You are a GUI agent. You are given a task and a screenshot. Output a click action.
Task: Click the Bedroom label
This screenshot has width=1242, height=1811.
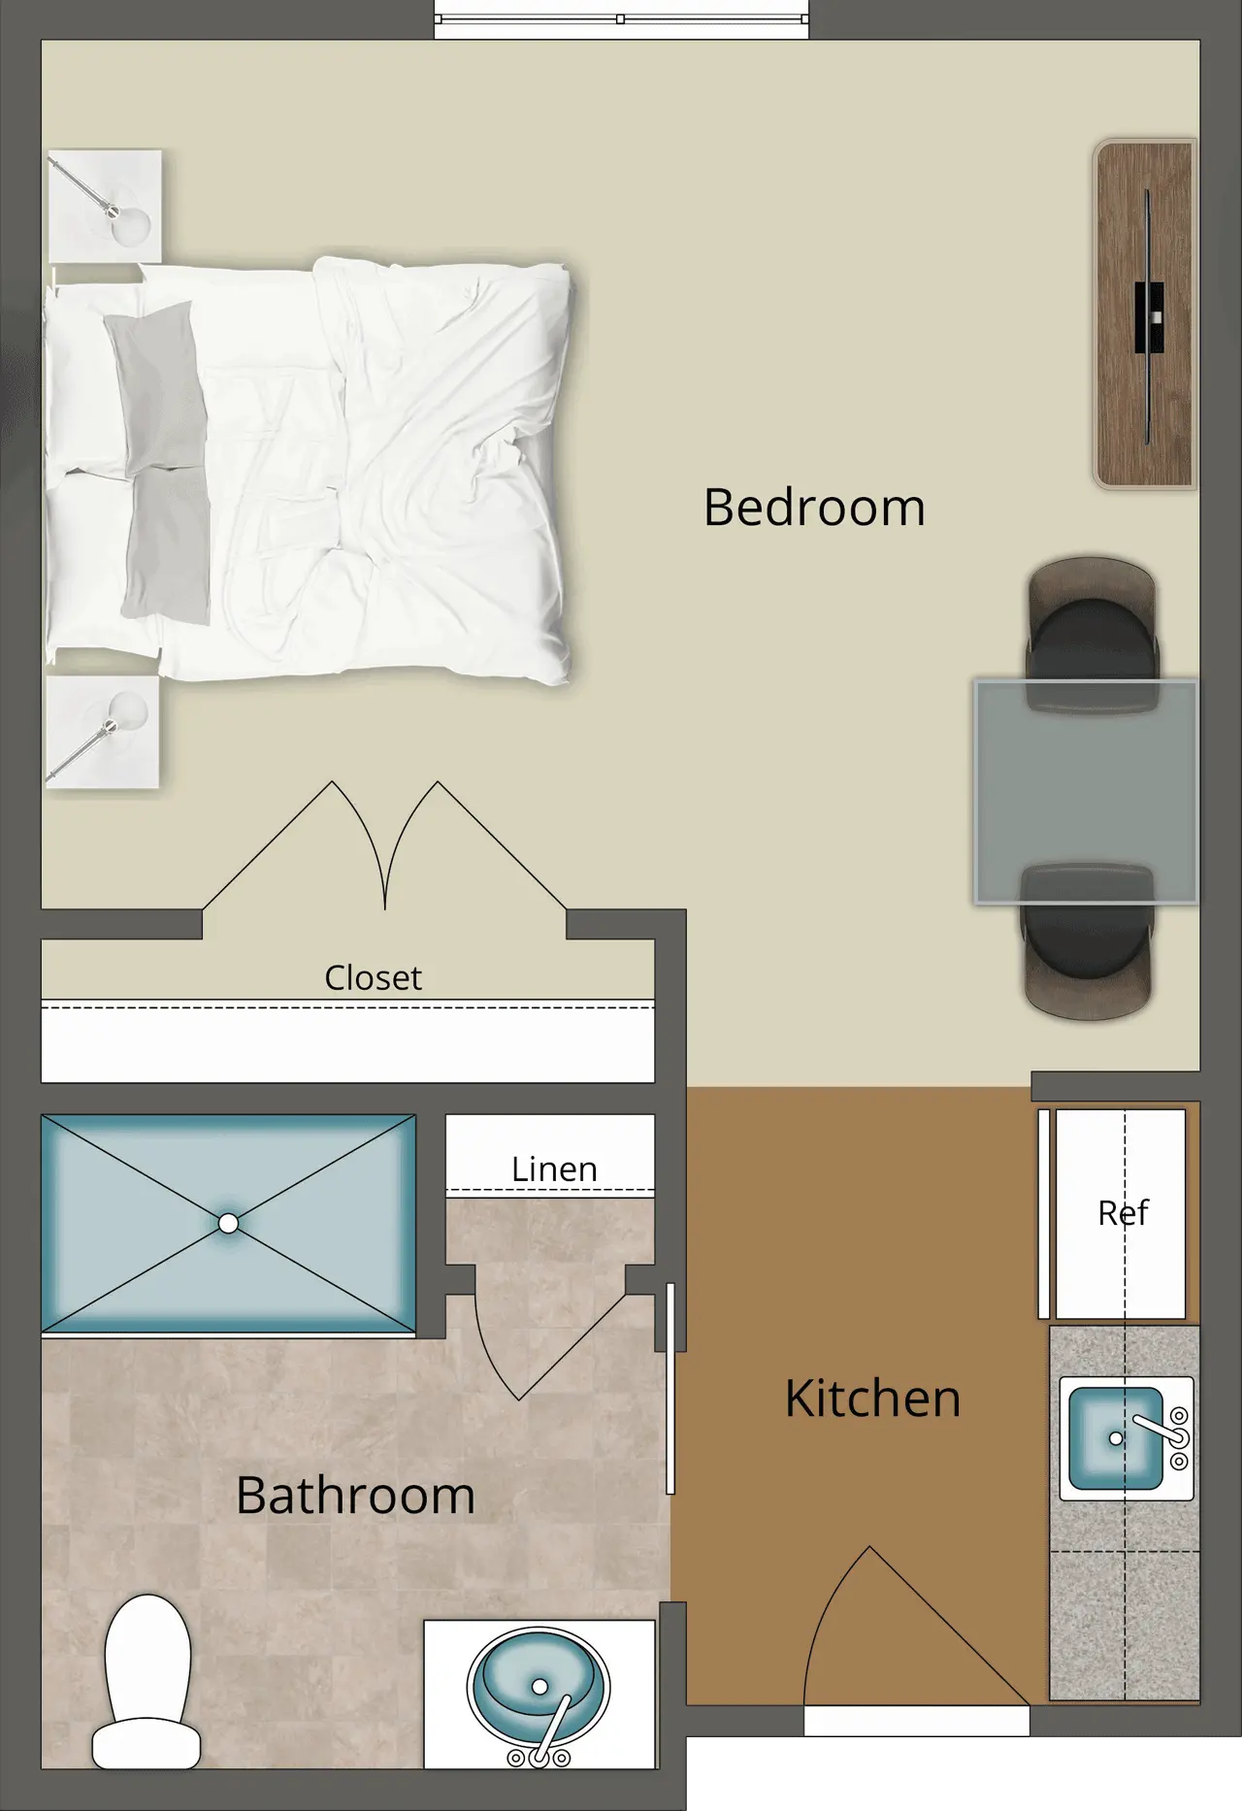(x=814, y=508)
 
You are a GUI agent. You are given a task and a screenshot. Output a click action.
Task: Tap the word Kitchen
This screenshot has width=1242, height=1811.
(x=872, y=1399)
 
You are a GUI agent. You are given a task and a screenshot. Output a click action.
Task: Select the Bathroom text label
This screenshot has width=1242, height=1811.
(x=355, y=1496)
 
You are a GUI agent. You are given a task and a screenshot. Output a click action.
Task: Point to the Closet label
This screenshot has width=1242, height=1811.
(x=373, y=977)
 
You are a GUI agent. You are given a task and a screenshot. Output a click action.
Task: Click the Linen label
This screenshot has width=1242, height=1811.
(x=554, y=1169)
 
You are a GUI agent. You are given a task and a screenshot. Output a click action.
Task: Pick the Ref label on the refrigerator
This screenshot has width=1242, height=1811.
(x=1123, y=1212)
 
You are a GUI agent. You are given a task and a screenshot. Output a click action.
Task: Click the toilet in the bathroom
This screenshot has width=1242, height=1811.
(x=147, y=1682)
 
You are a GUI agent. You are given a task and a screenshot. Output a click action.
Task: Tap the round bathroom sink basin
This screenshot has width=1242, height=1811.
(x=539, y=1688)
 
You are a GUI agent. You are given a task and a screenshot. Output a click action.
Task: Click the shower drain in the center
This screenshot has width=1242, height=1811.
(x=228, y=1224)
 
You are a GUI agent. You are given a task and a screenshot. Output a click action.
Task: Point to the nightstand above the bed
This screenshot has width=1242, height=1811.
(x=105, y=206)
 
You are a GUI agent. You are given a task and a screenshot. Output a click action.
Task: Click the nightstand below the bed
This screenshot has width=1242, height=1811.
(x=102, y=732)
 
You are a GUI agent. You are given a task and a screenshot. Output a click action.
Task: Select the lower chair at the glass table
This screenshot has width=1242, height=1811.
(x=1088, y=939)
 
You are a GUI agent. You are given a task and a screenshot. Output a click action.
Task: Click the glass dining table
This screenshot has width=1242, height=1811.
(x=1086, y=792)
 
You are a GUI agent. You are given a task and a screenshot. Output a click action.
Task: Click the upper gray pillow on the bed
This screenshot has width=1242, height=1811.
(x=155, y=388)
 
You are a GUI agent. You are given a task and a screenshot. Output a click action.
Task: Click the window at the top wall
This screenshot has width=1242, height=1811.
(x=621, y=19)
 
